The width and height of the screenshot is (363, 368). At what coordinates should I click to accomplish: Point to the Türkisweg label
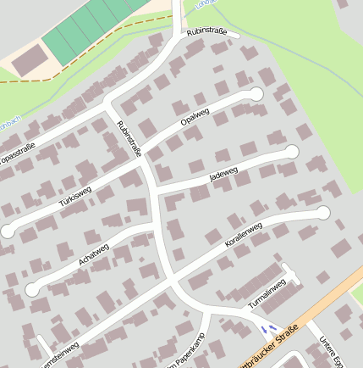[74, 197]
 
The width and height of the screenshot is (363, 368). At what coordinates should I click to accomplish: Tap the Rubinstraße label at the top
[206, 33]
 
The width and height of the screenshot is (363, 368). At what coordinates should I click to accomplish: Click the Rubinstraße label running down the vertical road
[129, 140]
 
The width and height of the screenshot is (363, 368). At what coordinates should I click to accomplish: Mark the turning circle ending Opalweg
[256, 93]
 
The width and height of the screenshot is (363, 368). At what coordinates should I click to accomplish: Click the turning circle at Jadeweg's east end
[292, 152]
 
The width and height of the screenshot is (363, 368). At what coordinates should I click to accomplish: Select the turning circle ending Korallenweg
[322, 212]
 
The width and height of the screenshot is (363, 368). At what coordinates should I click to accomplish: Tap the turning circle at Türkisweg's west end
[8, 230]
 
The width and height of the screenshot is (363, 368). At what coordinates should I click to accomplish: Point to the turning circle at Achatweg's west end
[32, 289]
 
